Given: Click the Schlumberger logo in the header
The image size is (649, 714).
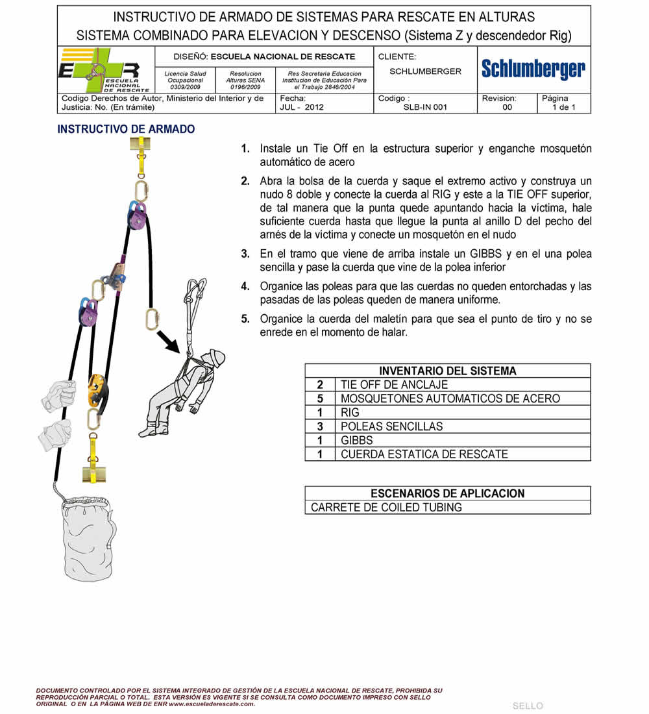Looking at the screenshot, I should coord(533,69).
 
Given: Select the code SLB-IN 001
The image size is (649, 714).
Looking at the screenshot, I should coord(425,108).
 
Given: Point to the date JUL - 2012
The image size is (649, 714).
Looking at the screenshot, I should coord(302,108).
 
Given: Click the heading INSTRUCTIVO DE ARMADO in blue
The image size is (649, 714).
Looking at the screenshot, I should coord(126,129).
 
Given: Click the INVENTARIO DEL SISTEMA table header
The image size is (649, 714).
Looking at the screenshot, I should coord(448,371).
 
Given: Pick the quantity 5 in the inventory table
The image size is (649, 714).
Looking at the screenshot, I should coord(320,399).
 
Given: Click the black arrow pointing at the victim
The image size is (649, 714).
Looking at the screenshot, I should coord(171,341).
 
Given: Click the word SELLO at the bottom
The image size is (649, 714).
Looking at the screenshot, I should coord(528,706).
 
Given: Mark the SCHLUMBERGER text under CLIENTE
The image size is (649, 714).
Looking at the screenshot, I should coord(425,71).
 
